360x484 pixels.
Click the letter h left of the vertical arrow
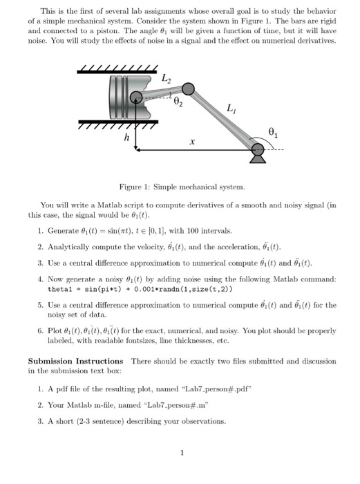point(126,137)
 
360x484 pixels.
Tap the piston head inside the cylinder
point(127,97)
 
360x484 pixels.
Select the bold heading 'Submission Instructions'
point(75,361)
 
